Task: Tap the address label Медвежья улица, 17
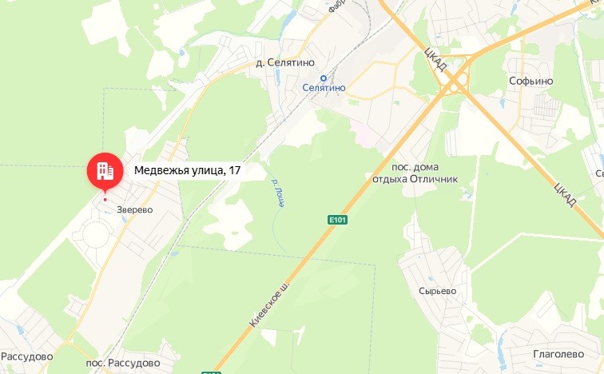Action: tap(188, 169)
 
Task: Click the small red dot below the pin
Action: tap(105, 199)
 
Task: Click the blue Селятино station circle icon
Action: tap(324, 78)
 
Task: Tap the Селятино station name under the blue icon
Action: tap(324, 88)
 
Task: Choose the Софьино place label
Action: tap(531, 82)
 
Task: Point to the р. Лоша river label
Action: tap(279, 193)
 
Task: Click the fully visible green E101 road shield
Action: tap(337, 218)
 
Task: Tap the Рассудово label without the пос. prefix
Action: tap(27, 356)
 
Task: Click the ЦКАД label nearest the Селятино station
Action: tap(435, 60)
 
